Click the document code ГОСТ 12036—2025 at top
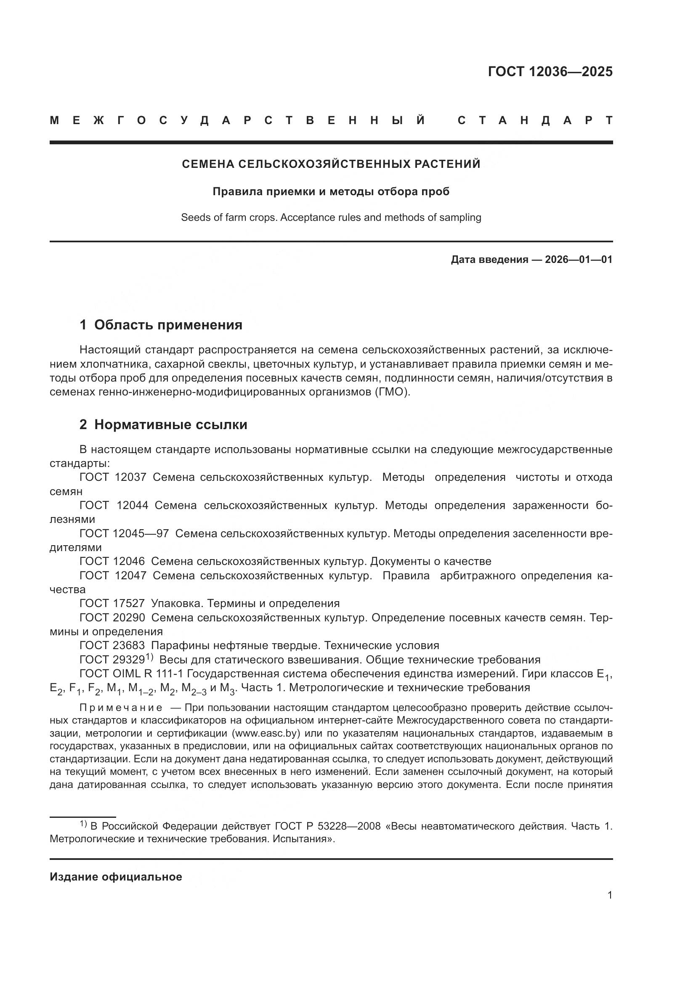(x=550, y=72)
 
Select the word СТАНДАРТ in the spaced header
(x=535, y=120)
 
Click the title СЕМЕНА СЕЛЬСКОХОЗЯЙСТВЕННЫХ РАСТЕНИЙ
(x=331, y=164)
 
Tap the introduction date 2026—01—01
(x=579, y=259)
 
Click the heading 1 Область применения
(x=161, y=325)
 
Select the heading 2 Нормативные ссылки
(x=163, y=425)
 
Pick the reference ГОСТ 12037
(x=113, y=477)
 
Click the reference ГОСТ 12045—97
(x=124, y=533)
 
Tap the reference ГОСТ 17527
(x=112, y=604)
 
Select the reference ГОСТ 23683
(x=112, y=646)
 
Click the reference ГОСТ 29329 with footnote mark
(x=116, y=660)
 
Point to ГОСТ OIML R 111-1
(x=133, y=674)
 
